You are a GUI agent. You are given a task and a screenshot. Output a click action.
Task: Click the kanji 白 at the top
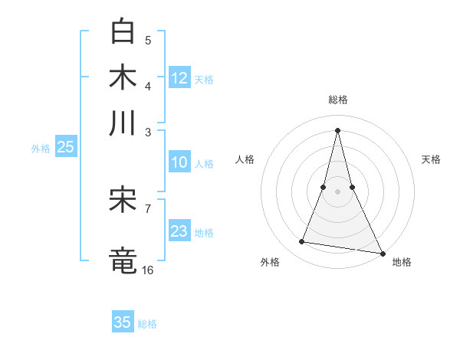click(123, 31)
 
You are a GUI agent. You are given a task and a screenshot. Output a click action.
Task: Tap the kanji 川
click(123, 123)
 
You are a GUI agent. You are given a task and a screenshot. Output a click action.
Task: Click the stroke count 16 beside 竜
click(148, 270)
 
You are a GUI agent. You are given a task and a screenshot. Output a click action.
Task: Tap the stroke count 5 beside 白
click(148, 40)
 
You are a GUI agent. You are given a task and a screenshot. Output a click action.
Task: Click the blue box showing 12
click(179, 77)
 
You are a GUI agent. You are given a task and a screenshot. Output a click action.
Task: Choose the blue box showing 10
click(179, 162)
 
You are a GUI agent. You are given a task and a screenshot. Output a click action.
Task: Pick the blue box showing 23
click(179, 231)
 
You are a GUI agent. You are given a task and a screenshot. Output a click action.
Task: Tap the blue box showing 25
click(65, 148)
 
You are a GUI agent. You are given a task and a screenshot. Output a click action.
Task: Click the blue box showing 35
click(123, 322)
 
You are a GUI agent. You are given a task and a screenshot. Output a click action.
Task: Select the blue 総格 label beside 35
click(147, 324)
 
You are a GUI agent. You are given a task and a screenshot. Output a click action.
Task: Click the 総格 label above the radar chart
click(338, 100)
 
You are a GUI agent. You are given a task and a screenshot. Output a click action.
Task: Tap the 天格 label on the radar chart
click(432, 159)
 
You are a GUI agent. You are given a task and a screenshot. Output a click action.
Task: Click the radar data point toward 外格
click(302, 242)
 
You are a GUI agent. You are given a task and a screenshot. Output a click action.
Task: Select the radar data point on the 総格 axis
click(338, 129)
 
